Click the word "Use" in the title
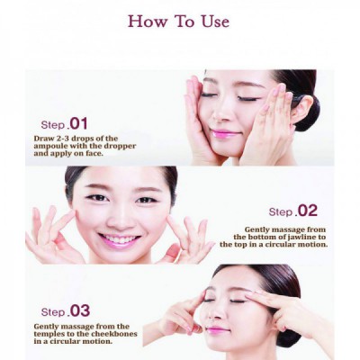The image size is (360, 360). pyautogui.click(x=215, y=22)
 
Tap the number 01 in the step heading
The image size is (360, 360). pyautogui.click(x=78, y=124)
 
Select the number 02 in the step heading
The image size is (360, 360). pyautogui.click(x=307, y=211)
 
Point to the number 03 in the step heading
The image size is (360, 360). pyautogui.click(x=79, y=310)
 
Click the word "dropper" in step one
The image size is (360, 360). pyautogui.click(x=120, y=147)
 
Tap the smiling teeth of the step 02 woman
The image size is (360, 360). pyautogui.click(x=120, y=239)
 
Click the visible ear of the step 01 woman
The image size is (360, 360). pyautogui.click(x=301, y=110)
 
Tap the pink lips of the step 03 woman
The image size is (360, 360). pyautogui.click(x=217, y=330)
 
